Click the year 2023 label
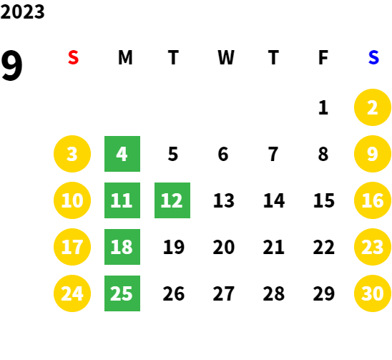click(x=22, y=11)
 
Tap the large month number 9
click(x=11, y=65)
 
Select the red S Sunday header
click(x=73, y=57)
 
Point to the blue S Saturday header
click(x=373, y=57)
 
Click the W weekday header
click(x=226, y=57)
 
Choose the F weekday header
click(x=323, y=57)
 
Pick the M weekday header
click(x=125, y=57)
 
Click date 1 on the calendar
click(x=323, y=107)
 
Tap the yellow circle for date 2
click(x=373, y=107)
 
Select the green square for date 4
click(x=122, y=154)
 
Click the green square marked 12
click(x=172, y=200)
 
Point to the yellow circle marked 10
click(x=72, y=200)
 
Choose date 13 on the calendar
click(x=224, y=200)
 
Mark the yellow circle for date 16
click(x=373, y=200)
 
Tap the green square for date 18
click(x=122, y=247)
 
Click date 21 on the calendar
click(x=273, y=247)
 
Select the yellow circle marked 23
click(x=373, y=247)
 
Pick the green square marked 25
click(x=122, y=293)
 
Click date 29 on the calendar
click(x=324, y=293)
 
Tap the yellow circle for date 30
click(x=373, y=293)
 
